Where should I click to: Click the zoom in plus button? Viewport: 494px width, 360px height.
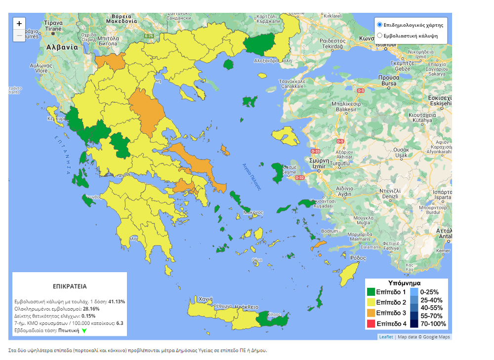click(19, 23)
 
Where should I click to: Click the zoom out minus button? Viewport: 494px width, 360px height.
click(19, 36)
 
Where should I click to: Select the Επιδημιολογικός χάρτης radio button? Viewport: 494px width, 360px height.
click(379, 25)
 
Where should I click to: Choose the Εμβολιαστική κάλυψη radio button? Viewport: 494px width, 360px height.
click(379, 36)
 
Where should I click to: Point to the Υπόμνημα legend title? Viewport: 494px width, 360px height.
click(407, 283)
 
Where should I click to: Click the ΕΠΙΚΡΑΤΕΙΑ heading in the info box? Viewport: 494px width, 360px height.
click(70, 286)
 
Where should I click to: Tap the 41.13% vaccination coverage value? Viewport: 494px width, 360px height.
click(117, 301)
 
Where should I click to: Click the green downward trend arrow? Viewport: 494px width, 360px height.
click(84, 331)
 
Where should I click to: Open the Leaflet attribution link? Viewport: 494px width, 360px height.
click(386, 337)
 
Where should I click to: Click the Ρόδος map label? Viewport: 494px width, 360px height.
click(358, 258)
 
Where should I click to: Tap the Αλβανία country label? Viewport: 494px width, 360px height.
click(62, 47)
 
